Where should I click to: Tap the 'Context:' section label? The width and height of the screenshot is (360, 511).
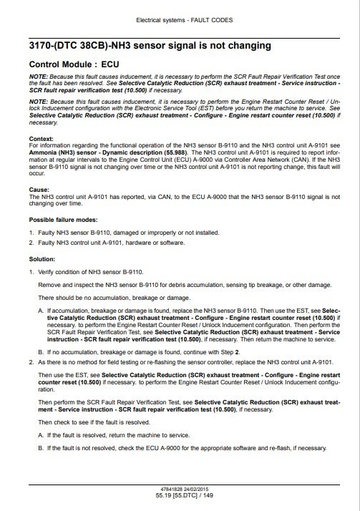pos(42,137)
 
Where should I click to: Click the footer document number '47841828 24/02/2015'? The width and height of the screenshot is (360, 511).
pos(180,488)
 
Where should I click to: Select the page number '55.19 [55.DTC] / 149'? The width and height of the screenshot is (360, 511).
pos(180,495)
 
